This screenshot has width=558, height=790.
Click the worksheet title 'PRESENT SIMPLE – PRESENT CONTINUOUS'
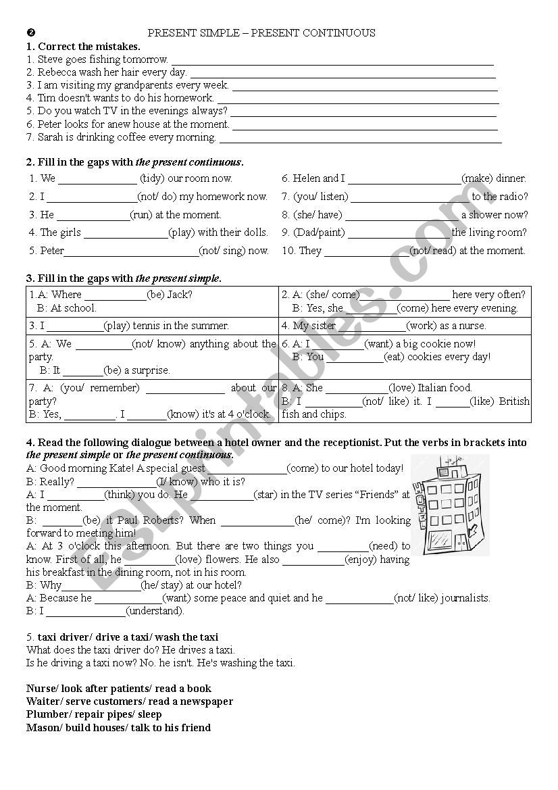click(x=261, y=33)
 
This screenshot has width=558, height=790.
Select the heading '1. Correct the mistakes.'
click(x=83, y=47)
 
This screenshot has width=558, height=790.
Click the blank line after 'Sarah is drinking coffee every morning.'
click(x=361, y=138)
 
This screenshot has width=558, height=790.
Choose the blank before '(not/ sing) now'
click(x=131, y=251)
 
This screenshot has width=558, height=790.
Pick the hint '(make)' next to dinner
click(x=477, y=178)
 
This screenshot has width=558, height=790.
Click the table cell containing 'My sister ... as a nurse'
click(x=405, y=326)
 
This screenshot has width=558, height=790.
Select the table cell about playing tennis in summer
click(x=152, y=326)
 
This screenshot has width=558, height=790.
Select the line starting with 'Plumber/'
click(x=94, y=714)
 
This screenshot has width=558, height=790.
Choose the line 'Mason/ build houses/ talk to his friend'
click(x=118, y=728)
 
